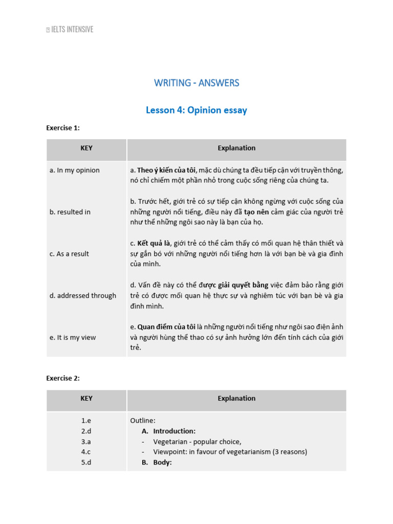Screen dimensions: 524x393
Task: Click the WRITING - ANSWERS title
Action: pyautogui.click(x=196, y=83)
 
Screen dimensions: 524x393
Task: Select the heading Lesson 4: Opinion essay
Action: pyautogui.click(x=196, y=111)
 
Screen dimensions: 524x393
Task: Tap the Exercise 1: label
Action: pyautogui.click(x=63, y=128)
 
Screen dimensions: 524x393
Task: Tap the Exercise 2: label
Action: pyautogui.click(x=63, y=378)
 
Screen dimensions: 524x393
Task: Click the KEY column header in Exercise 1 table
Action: pyautogui.click(x=86, y=148)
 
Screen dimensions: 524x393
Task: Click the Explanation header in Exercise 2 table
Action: pyautogui.click(x=236, y=399)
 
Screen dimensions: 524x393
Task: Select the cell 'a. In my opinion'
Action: pyautogui.click(x=75, y=170)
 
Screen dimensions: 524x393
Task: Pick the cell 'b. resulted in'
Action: pyautogui.click(x=70, y=212)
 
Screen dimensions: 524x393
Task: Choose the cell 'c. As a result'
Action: pyautogui.click(x=70, y=254)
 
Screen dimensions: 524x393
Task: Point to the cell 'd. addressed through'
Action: pyautogui.click(x=83, y=296)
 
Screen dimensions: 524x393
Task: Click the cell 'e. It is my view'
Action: pyautogui.click(x=73, y=338)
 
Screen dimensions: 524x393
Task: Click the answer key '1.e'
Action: pyautogui.click(x=86, y=421)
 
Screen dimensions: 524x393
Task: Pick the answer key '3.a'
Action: pyautogui.click(x=86, y=442)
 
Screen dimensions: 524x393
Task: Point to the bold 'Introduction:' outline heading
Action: pyautogui.click(x=174, y=431)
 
